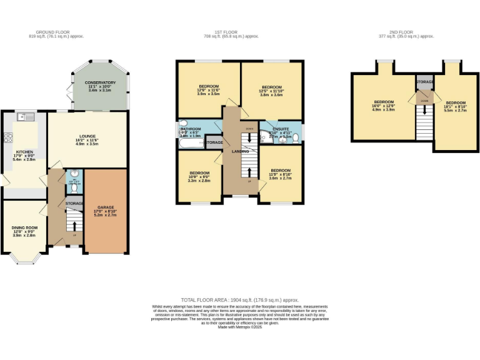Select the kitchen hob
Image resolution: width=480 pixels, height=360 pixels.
click(9, 137)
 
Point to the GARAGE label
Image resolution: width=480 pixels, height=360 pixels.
click(105, 207)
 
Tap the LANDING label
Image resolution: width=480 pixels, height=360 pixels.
click(241, 151)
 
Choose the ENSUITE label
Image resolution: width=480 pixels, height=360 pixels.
click(281, 128)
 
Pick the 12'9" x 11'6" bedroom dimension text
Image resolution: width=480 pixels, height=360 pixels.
click(209, 91)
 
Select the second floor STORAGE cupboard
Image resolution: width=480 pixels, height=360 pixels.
click(424, 82)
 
